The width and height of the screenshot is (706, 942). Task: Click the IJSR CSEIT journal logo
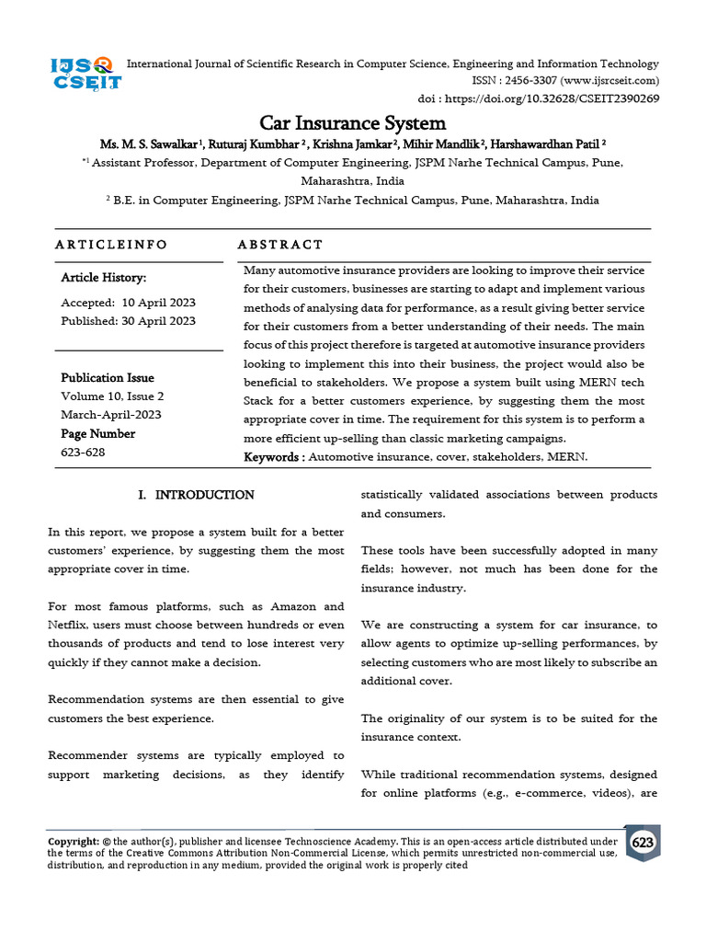tap(85, 74)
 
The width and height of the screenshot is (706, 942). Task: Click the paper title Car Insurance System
tap(352, 123)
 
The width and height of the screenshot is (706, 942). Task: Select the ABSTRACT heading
tap(280, 245)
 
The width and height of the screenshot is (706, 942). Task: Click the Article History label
tap(103, 278)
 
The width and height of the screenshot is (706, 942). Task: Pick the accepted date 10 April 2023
tap(158, 303)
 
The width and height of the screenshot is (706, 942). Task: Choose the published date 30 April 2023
tap(158, 321)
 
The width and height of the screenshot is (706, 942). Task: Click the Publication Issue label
tap(108, 378)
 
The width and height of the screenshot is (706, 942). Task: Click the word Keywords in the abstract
tap(272, 456)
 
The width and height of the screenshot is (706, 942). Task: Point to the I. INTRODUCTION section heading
tap(196, 495)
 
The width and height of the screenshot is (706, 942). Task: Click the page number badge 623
tap(643, 843)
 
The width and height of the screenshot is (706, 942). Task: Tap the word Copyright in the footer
tap(73, 841)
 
